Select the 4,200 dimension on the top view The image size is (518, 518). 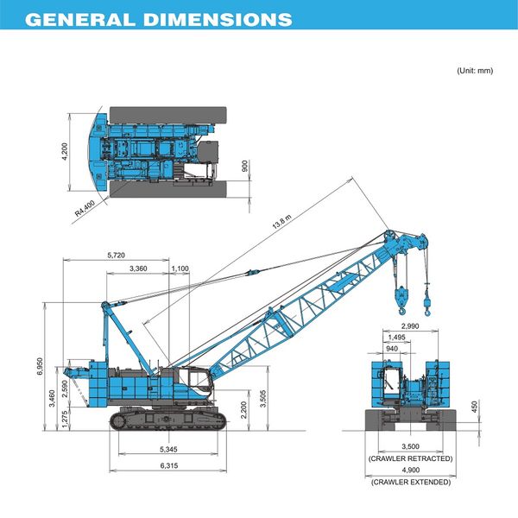point(64,152)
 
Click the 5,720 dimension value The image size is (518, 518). point(116,256)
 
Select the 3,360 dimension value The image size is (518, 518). point(137,269)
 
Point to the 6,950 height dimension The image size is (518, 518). point(40,365)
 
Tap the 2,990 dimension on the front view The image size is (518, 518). point(410,325)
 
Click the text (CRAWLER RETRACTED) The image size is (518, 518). point(410,458)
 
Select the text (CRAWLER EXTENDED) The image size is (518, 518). point(410,481)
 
